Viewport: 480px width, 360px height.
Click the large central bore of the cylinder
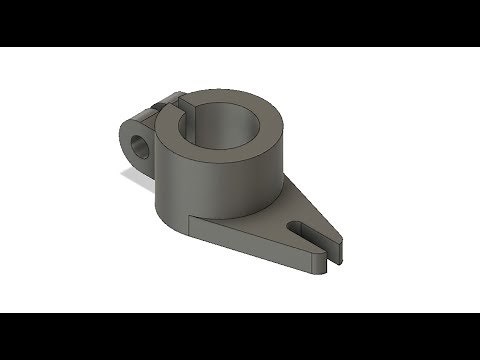coord(228,126)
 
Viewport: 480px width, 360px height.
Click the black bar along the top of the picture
coord(240,20)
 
